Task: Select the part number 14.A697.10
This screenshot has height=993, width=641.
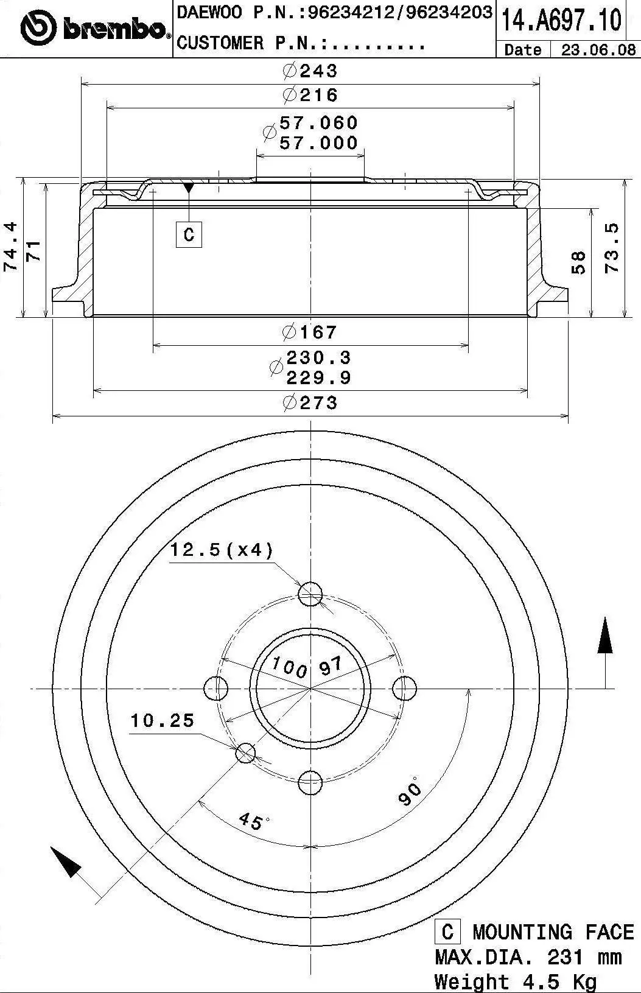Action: point(561,20)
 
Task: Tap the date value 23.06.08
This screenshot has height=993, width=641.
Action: point(598,49)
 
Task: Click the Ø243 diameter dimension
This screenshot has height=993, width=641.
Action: point(310,71)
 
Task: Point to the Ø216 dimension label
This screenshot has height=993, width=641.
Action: point(310,95)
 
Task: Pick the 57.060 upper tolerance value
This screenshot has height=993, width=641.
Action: point(318,122)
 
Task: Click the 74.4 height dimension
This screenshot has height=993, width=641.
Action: point(10,247)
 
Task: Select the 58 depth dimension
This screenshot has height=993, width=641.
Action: point(578,262)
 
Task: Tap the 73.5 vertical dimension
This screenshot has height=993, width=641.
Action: point(612,248)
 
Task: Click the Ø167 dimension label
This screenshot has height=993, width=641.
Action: point(310,332)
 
